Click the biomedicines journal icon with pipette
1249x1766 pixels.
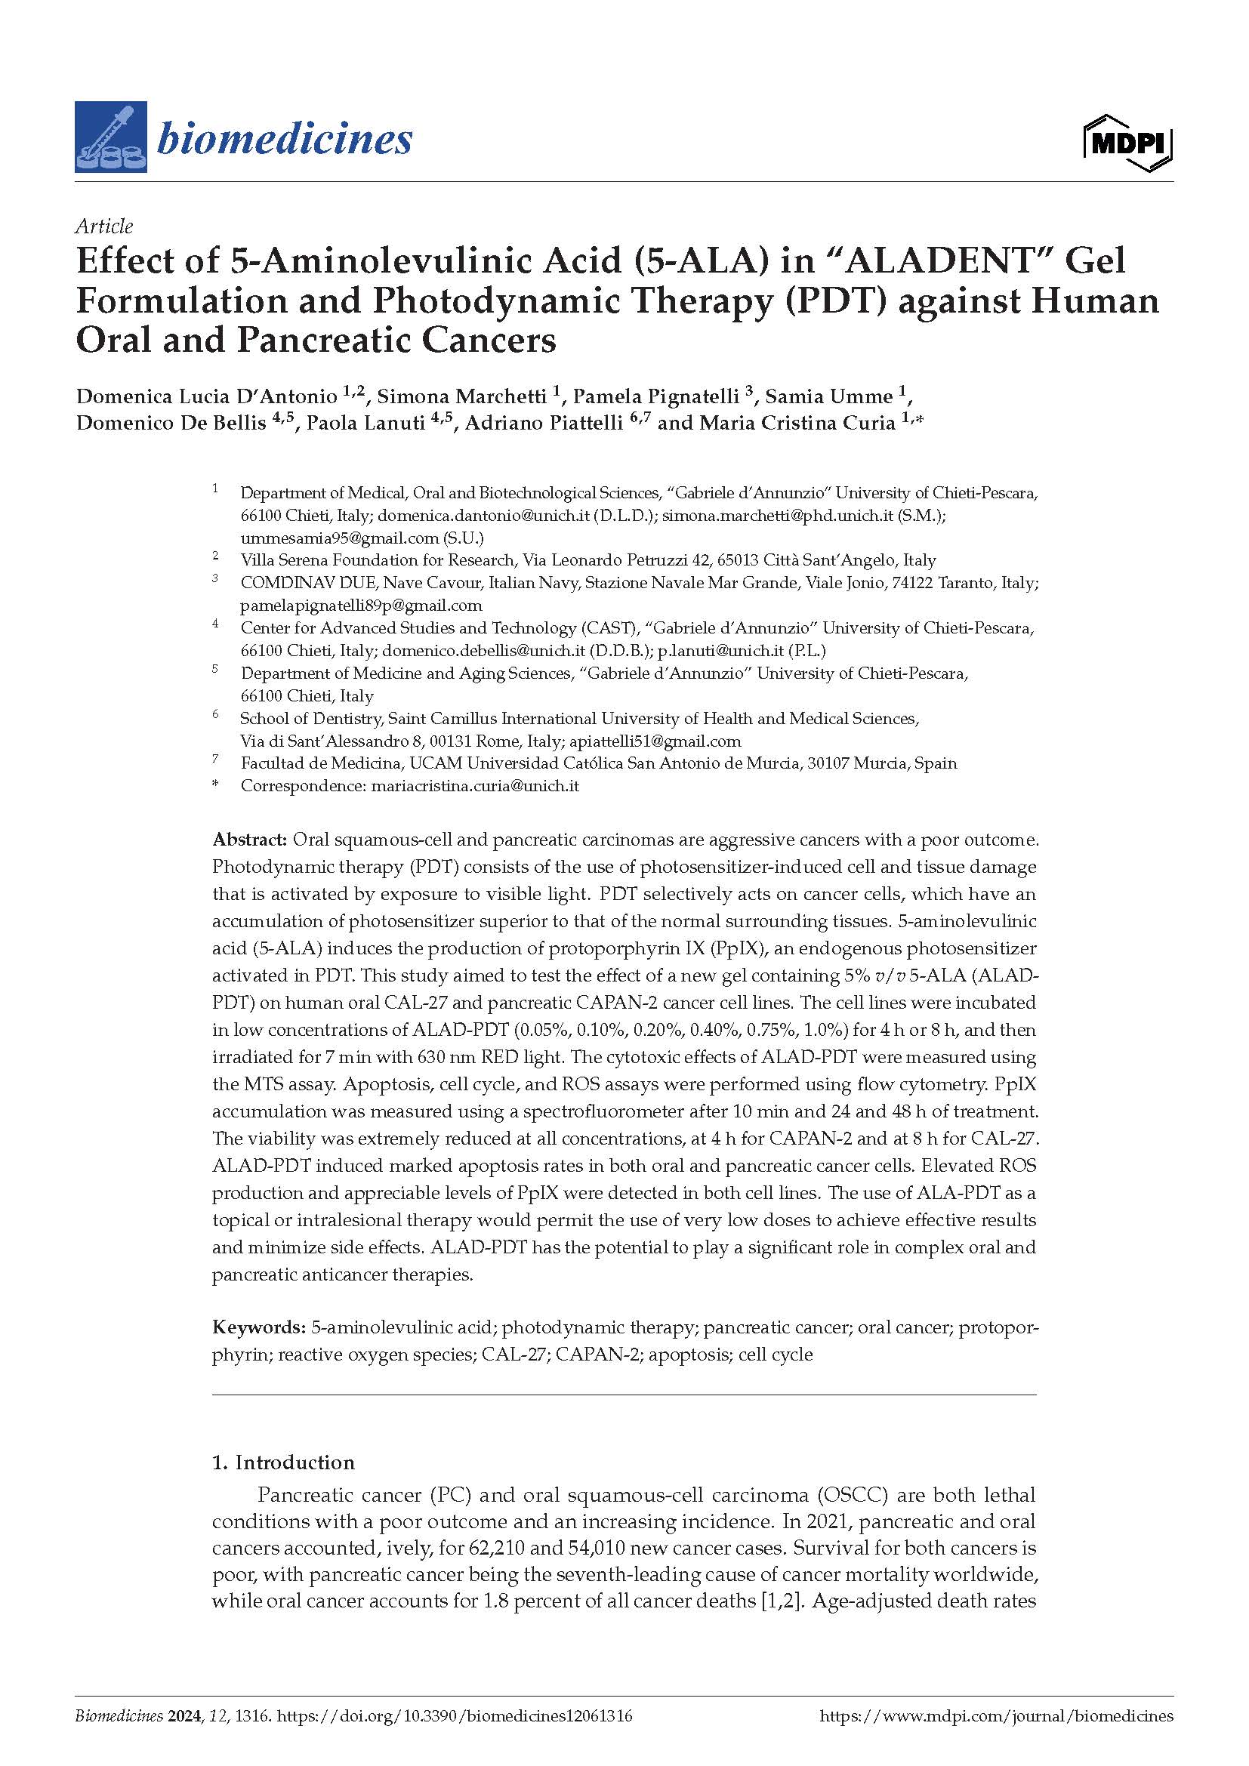coord(113,137)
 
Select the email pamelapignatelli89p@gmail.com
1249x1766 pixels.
coord(361,606)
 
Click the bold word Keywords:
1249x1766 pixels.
coord(258,1327)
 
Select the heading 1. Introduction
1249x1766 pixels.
coord(283,1462)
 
